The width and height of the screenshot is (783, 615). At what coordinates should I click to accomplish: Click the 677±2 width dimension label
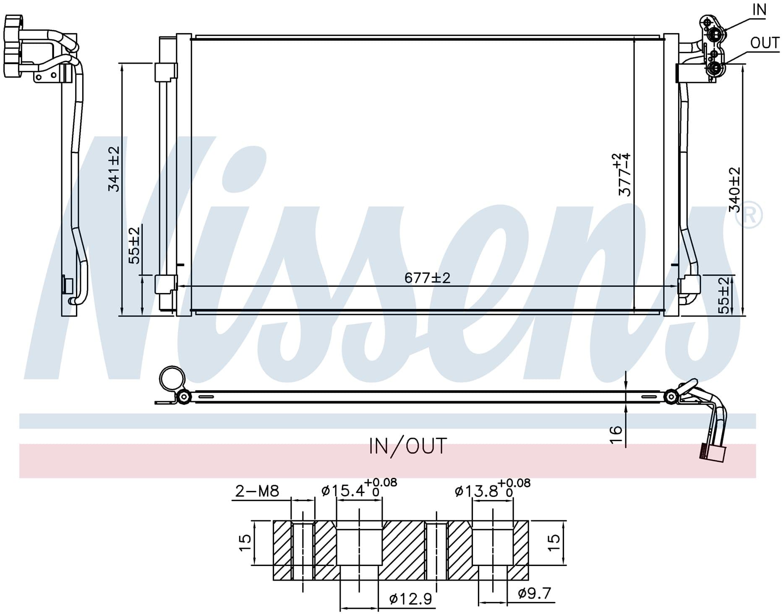tap(427, 278)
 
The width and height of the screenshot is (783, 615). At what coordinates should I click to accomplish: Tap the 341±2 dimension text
tap(114, 169)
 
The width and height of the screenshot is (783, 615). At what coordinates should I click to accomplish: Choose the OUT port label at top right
tap(765, 43)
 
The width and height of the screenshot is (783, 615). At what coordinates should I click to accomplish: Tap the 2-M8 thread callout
tap(257, 491)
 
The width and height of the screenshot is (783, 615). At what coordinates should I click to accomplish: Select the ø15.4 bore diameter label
tap(359, 488)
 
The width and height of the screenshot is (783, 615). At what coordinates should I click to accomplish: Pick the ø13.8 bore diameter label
tap(492, 489)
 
